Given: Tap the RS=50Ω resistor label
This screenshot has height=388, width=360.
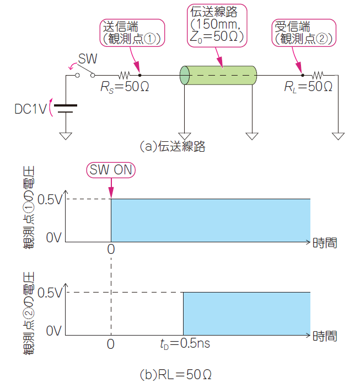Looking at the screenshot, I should coord(125,87).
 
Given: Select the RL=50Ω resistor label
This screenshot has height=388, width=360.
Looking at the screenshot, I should coord(308,87).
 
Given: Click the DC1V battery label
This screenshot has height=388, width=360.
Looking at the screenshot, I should coord(31,109).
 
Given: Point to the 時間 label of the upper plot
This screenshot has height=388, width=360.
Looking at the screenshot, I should coord(325,242).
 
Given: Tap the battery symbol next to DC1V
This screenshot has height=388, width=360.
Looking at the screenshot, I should coord(66,108).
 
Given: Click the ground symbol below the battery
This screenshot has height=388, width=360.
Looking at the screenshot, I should coord(66,135).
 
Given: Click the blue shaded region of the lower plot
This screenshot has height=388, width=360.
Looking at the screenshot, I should coord(246,313).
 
